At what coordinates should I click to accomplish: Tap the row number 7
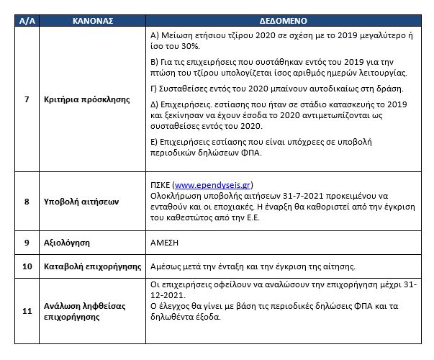(27, 99)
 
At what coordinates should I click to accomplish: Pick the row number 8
(27, 202)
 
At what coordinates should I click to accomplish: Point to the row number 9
(27, 243)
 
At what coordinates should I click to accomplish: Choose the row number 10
(27, 266)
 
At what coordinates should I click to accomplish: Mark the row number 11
(27, 311)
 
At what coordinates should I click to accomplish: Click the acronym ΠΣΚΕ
(161, 185)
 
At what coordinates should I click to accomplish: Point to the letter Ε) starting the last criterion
(155, 142)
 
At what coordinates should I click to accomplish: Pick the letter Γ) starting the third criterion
(154, 89)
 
